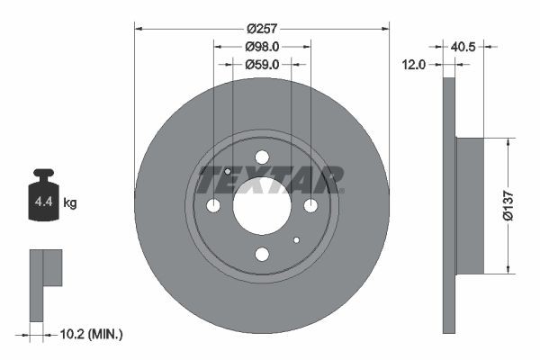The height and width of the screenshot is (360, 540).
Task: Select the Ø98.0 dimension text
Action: (x=262, y=46)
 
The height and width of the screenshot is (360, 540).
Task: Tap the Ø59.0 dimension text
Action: (x=262, y=64)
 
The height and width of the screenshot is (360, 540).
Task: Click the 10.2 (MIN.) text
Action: (x=90, y=334)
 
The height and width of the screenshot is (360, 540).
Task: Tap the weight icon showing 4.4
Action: (x=42, y=198)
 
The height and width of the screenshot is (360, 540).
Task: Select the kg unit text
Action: (x=70, y=203)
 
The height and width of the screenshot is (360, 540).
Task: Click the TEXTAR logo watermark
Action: (x=270, y=179)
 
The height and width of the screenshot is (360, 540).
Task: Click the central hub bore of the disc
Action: (x=262, y=206)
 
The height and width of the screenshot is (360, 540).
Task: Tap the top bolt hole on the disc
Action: (x=262, y=157)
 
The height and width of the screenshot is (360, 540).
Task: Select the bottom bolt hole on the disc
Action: (x=262, y=255)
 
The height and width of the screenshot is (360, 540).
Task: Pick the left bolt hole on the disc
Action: (x=213, y=206)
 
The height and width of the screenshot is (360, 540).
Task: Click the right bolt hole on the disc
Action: (x=310, y=206)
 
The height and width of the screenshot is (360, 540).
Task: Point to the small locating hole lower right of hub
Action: (x=296, y=240)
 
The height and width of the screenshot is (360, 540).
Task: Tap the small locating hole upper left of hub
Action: (x=228, y=172)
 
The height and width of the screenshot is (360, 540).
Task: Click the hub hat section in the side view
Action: (x=470, y=205)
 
